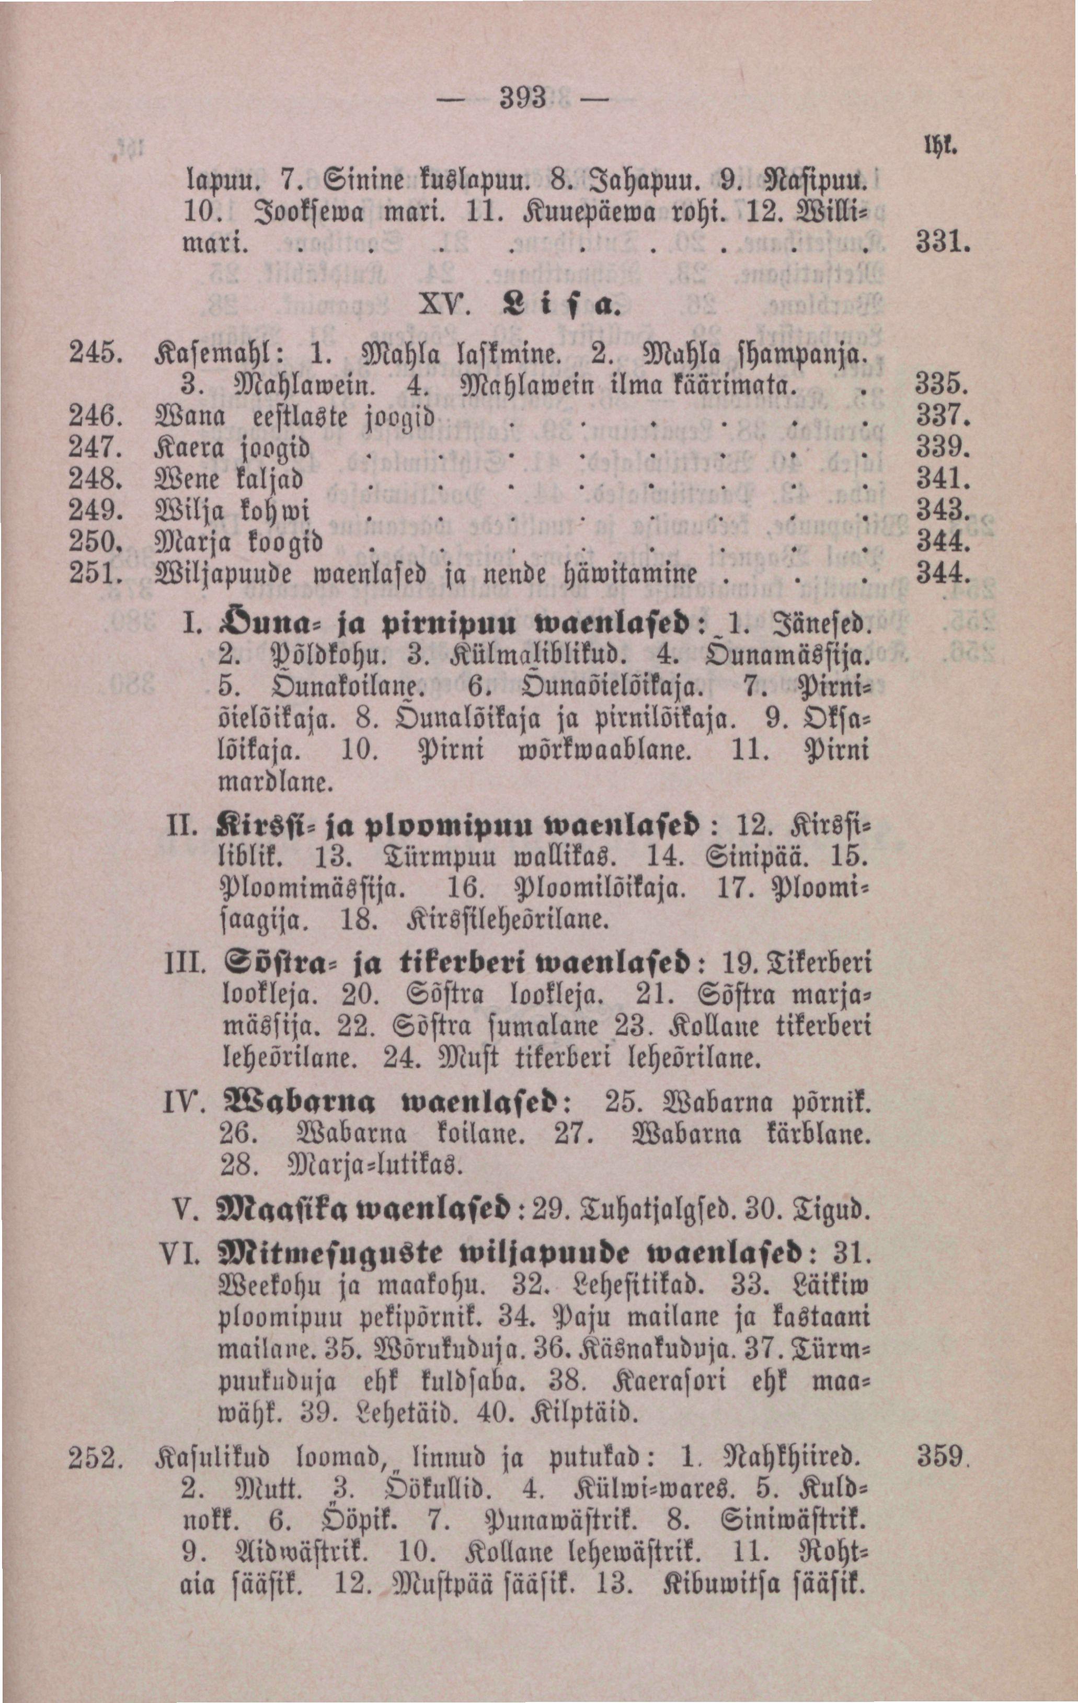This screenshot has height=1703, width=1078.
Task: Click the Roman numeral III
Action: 185,963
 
